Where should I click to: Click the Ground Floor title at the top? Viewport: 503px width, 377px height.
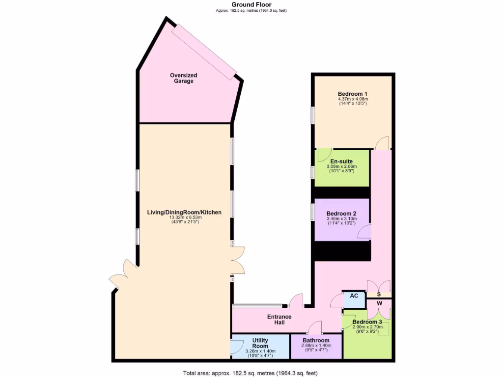[x=251, y=4]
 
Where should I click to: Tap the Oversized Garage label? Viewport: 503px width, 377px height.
[x=183, y=78]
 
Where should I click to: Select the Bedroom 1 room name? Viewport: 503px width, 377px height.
[x=353, y=94]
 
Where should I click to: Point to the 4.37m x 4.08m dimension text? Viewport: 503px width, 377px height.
[x=353, y=99]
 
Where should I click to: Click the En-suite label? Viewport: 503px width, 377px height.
[x=341, y=161]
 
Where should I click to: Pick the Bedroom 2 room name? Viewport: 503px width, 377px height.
[x=341, y=214]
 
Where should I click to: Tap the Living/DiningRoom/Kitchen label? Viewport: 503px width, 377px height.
[x=184, y=213]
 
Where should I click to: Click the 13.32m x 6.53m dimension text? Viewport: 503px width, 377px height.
[x=184, y=217]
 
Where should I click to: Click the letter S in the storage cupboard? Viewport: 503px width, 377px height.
[x=379, y=295]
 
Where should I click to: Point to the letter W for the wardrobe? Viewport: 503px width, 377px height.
[x=379, y=303]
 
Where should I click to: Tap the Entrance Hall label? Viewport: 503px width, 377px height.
[x=279, y=320]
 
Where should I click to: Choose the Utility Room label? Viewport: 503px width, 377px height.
[x=260, y=343]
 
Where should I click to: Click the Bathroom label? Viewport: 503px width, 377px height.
[x=316, y=340]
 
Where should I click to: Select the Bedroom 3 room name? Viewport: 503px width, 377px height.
[x=367, y=322]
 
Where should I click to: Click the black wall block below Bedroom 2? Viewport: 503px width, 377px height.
[x=342, y=251]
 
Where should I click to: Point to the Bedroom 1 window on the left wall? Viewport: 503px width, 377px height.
[x=312, y=116]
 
